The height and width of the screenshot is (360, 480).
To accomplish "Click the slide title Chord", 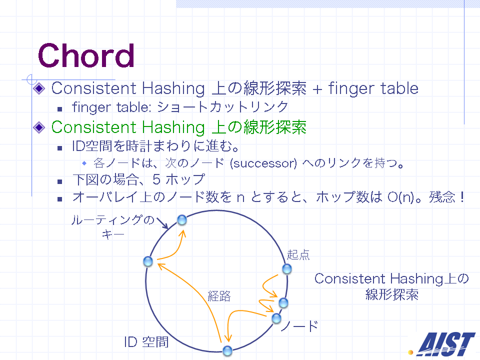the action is point(86,55).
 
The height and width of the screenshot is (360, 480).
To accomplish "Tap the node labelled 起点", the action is point(287,269).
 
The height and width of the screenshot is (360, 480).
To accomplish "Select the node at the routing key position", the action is point(182,220).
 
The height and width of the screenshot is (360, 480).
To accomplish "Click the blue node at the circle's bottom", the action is point(227,351).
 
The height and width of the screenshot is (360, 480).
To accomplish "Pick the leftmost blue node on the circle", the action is point(148,261).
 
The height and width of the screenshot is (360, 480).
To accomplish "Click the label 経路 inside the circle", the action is point(219,296).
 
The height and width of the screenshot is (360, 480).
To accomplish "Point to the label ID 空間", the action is point(146,342).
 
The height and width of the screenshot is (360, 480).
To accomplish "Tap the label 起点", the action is point(298,254).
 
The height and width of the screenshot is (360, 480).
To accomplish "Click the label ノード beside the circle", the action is point(300,326).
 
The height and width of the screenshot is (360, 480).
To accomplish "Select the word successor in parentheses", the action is point(263,163).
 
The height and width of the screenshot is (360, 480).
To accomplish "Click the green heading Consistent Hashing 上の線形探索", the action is point(179,127).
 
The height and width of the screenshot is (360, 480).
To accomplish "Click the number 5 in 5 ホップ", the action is point(156,179).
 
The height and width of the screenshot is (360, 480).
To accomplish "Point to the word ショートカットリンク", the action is point(223,107).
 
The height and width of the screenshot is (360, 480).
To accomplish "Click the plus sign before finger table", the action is point(317,89).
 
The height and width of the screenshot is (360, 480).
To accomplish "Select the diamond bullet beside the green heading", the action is point(39,127).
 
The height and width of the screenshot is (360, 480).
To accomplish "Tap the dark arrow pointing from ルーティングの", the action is point(162,223).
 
